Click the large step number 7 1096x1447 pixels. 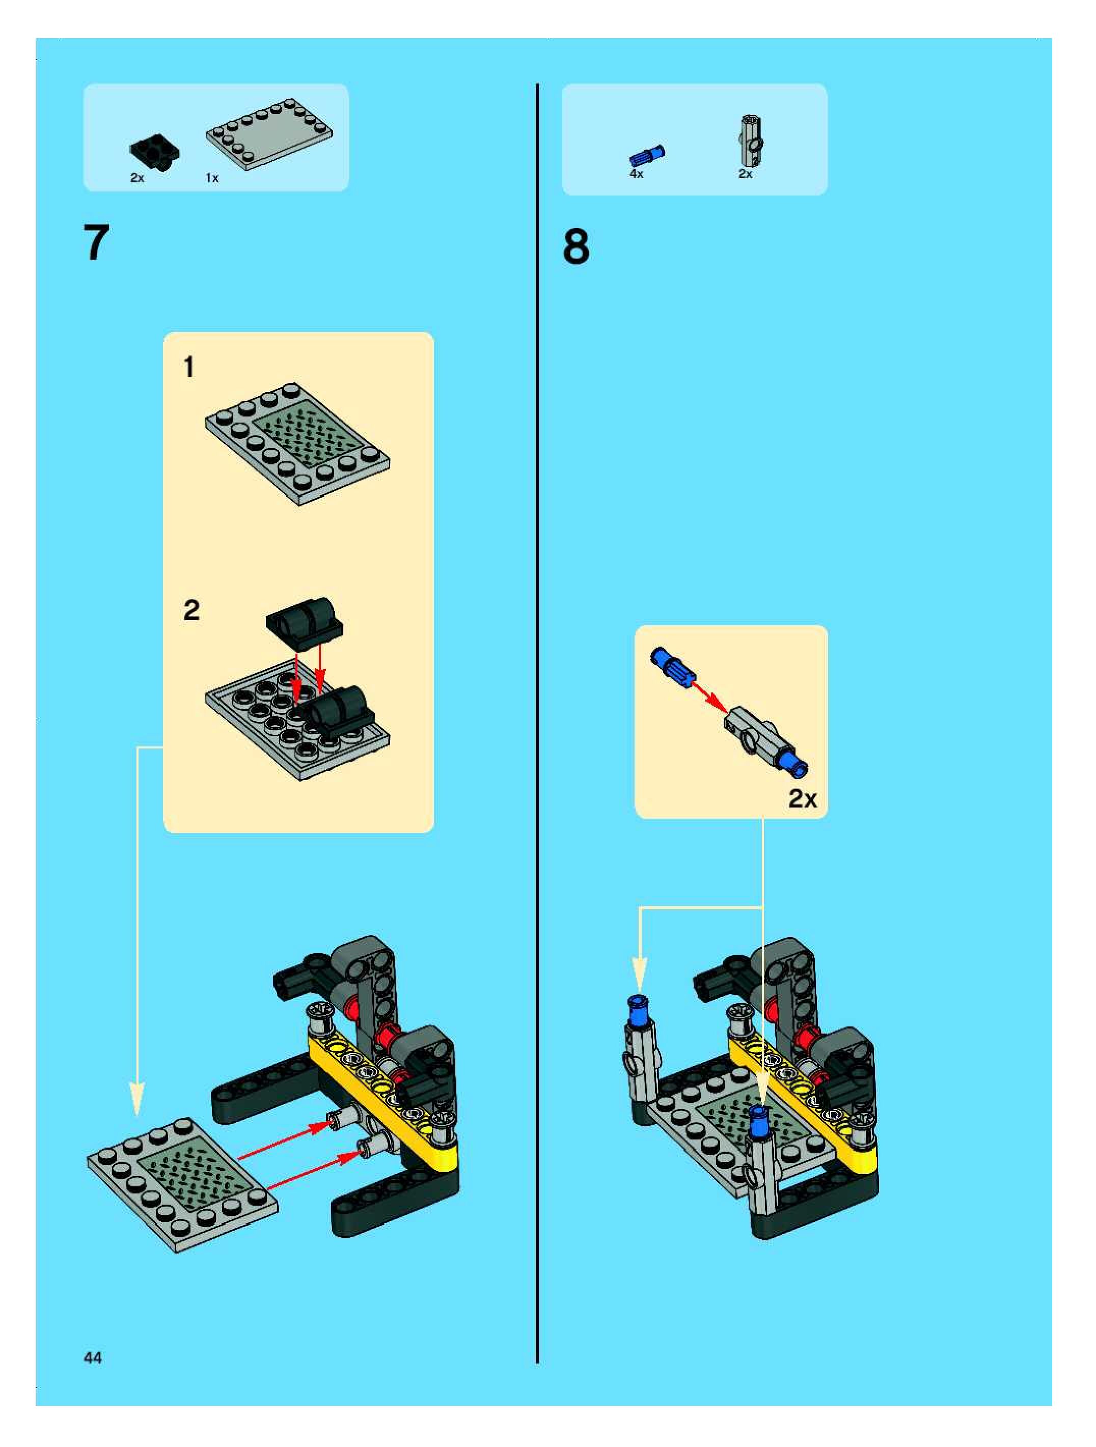(x=96, y=243)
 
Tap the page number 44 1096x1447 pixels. (x=93, y=1358)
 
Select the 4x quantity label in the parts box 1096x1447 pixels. (x=636, y=174)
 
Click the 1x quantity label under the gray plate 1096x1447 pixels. (x=212, y=178)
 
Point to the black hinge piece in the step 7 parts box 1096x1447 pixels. (x=155, y=152)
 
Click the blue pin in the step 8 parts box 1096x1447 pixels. (x=647, y=155)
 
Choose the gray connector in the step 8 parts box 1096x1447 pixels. (x=750, y=142)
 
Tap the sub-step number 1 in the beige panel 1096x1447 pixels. (x=189, y=367)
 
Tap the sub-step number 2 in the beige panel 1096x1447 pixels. (x=191, y=610)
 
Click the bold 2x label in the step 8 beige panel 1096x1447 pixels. (x=802, y=799)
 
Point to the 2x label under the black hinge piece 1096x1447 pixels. (x=137, y=178)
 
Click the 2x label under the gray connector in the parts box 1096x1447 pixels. (x=745, y=174)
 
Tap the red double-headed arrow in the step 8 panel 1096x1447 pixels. (x=710, y=698)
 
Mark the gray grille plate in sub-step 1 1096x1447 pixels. (x=298, y=444)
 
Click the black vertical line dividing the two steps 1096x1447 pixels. (x=537, y=724)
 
